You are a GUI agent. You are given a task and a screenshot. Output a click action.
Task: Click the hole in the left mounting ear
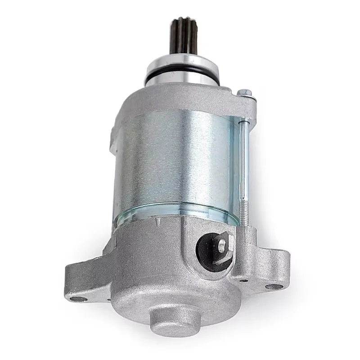79,298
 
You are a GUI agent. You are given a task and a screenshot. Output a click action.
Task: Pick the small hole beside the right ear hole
243,281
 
